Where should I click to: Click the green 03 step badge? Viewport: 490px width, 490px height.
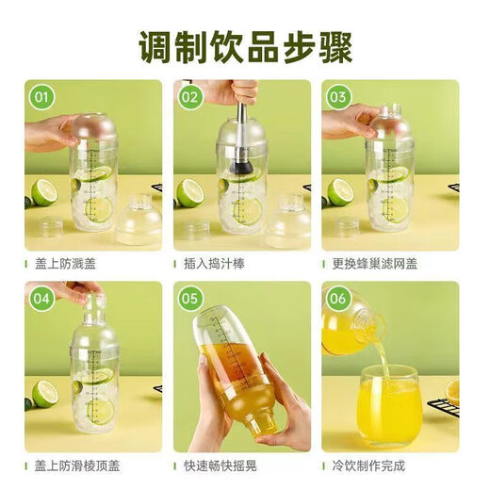(x=337, y=95)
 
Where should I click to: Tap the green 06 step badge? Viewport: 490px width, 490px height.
(x=337, y=297)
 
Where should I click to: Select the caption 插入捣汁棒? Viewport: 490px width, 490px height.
(x=221, y=265)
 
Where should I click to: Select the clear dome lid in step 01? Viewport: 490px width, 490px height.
(x=139, y=221)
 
